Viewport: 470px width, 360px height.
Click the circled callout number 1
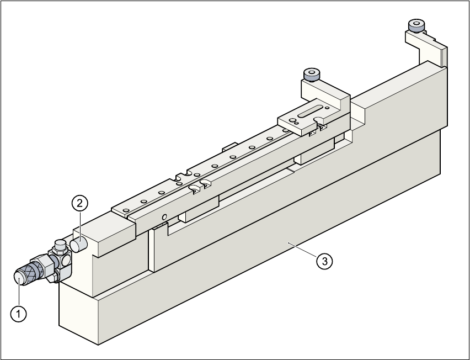[19, 314]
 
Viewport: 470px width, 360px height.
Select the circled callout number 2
[80, 203]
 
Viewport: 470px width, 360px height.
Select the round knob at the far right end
[415, 25]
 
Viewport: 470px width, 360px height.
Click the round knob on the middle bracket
[311, 73]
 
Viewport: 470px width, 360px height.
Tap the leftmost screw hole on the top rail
[127, 210]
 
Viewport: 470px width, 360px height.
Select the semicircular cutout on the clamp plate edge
[318, 119]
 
